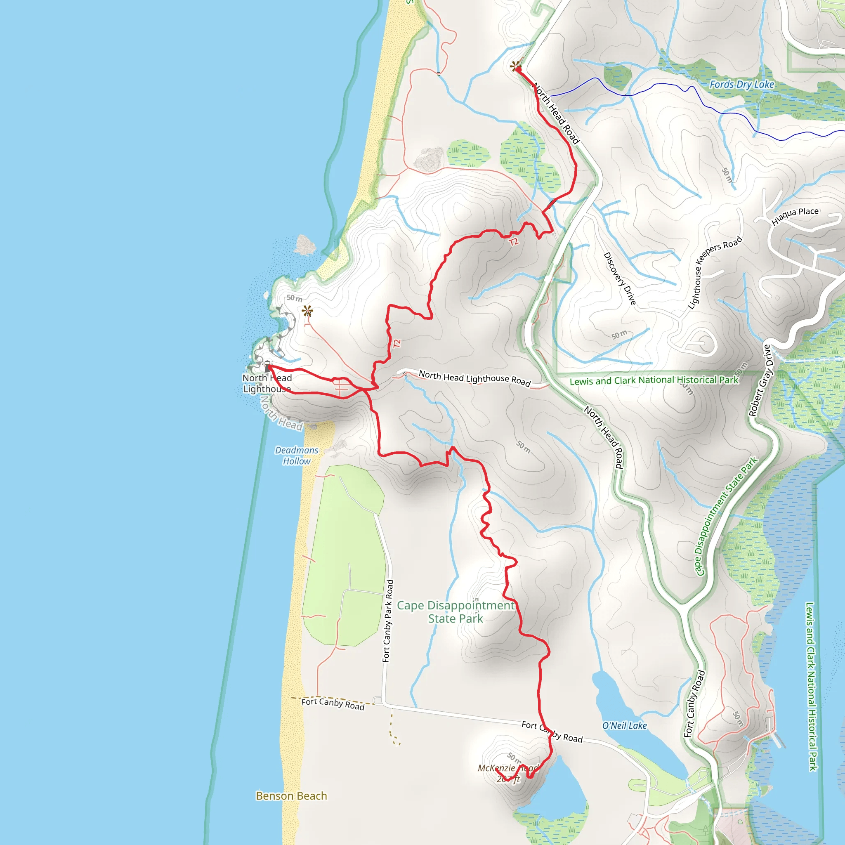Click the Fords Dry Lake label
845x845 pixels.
click(x=741, y=85)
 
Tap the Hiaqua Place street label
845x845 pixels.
click(x=795, y=216)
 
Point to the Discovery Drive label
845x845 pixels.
click(x=619, y=279)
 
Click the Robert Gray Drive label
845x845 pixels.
click(x=761, y=380)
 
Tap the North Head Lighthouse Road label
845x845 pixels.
click(x=474, y=378)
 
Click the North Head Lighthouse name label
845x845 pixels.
click(x=267, y=383)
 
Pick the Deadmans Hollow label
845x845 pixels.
click(x=297, y=456)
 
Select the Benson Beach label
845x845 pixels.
click(x=291, y=795)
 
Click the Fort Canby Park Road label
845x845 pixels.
click(x=388, y=621)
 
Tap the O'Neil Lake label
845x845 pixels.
click(x=624, y=726)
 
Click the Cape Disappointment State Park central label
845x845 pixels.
click(x=456, y=612)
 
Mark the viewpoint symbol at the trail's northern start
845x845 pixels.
click(x=515, y=66)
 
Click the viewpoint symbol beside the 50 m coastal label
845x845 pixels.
click(x=307, y=311)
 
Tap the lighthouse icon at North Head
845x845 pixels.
click(x=267, y=365)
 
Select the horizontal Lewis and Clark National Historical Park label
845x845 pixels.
click(x=654, y=380)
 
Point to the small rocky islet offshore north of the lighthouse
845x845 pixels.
click(x=305, y=245)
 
